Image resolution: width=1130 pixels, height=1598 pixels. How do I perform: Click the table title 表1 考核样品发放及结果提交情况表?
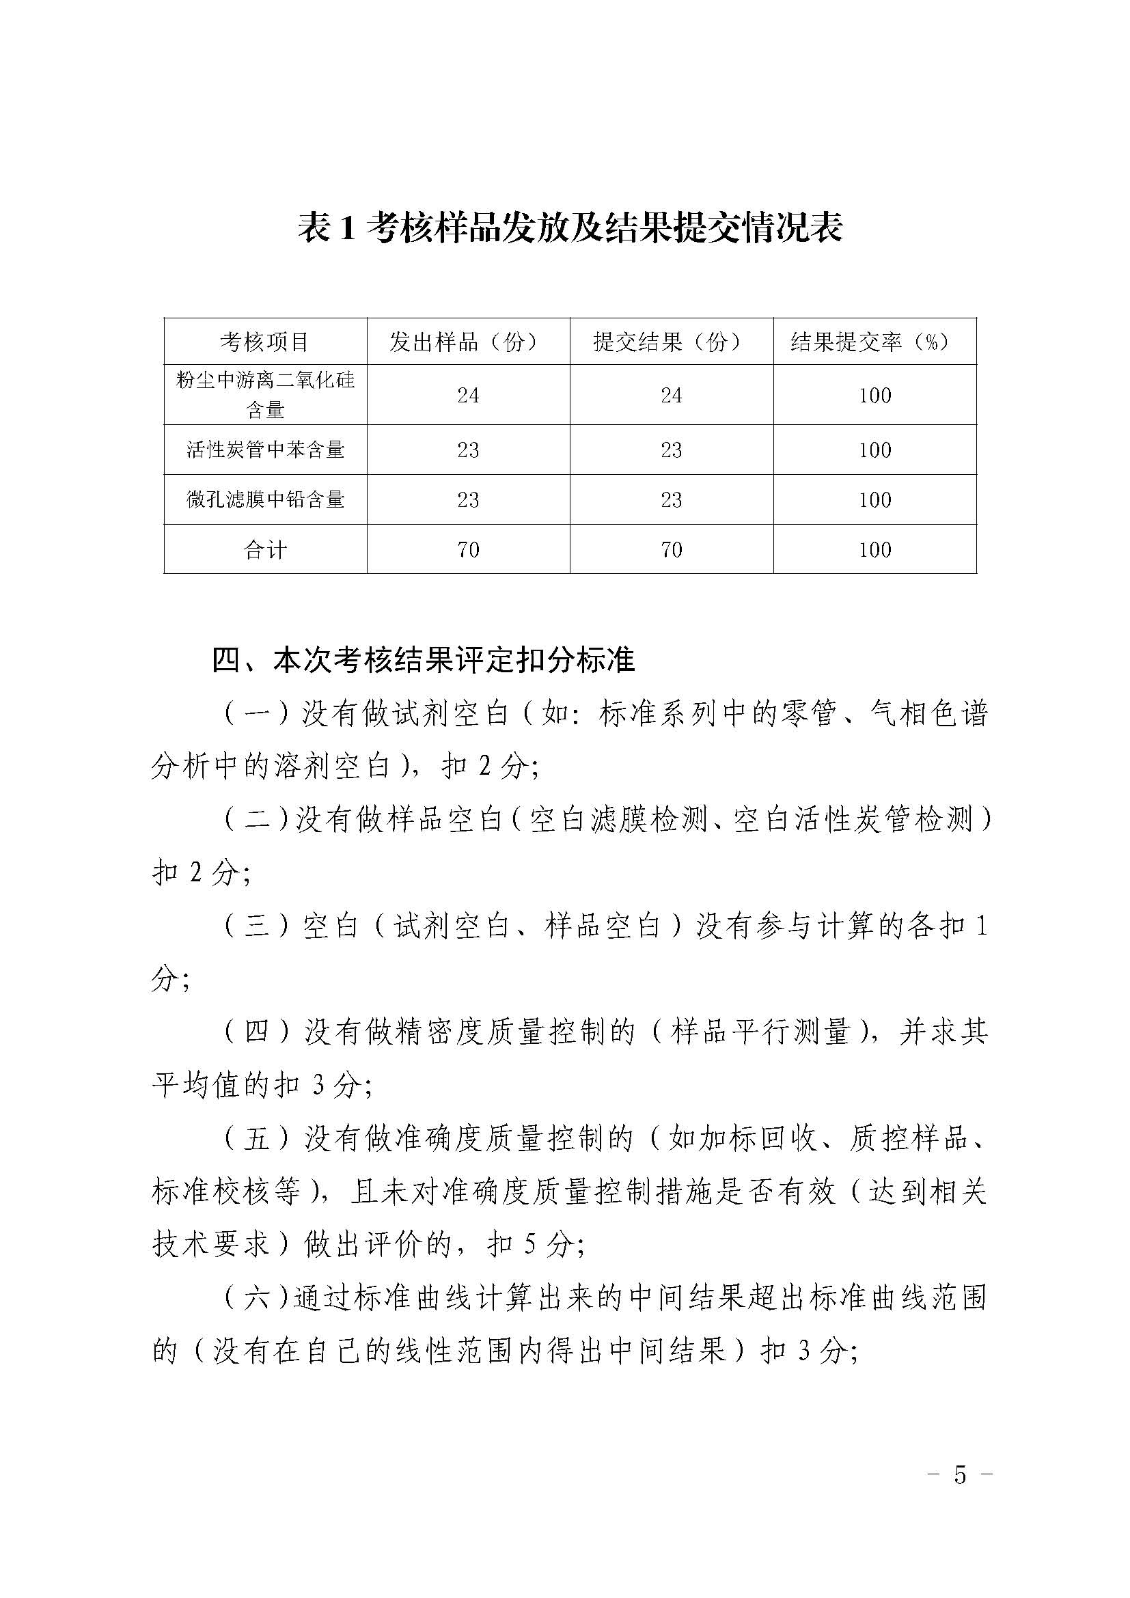570,229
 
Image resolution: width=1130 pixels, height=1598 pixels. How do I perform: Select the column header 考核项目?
265,342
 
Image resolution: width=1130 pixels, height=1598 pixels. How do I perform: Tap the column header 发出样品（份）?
467,342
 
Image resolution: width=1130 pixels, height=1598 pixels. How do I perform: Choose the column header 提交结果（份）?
671,342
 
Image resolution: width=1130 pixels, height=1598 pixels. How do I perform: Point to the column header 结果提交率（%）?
874,342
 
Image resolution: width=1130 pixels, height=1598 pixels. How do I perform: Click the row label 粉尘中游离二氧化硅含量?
265,395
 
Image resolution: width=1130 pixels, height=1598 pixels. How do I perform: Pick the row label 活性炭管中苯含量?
265,450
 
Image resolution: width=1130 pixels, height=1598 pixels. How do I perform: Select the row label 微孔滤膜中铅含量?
265,499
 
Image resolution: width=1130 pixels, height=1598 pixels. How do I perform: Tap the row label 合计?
265,550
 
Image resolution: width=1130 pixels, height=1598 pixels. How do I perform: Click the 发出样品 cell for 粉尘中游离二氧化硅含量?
467,396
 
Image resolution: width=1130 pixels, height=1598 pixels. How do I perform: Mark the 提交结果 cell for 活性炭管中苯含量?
671,450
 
